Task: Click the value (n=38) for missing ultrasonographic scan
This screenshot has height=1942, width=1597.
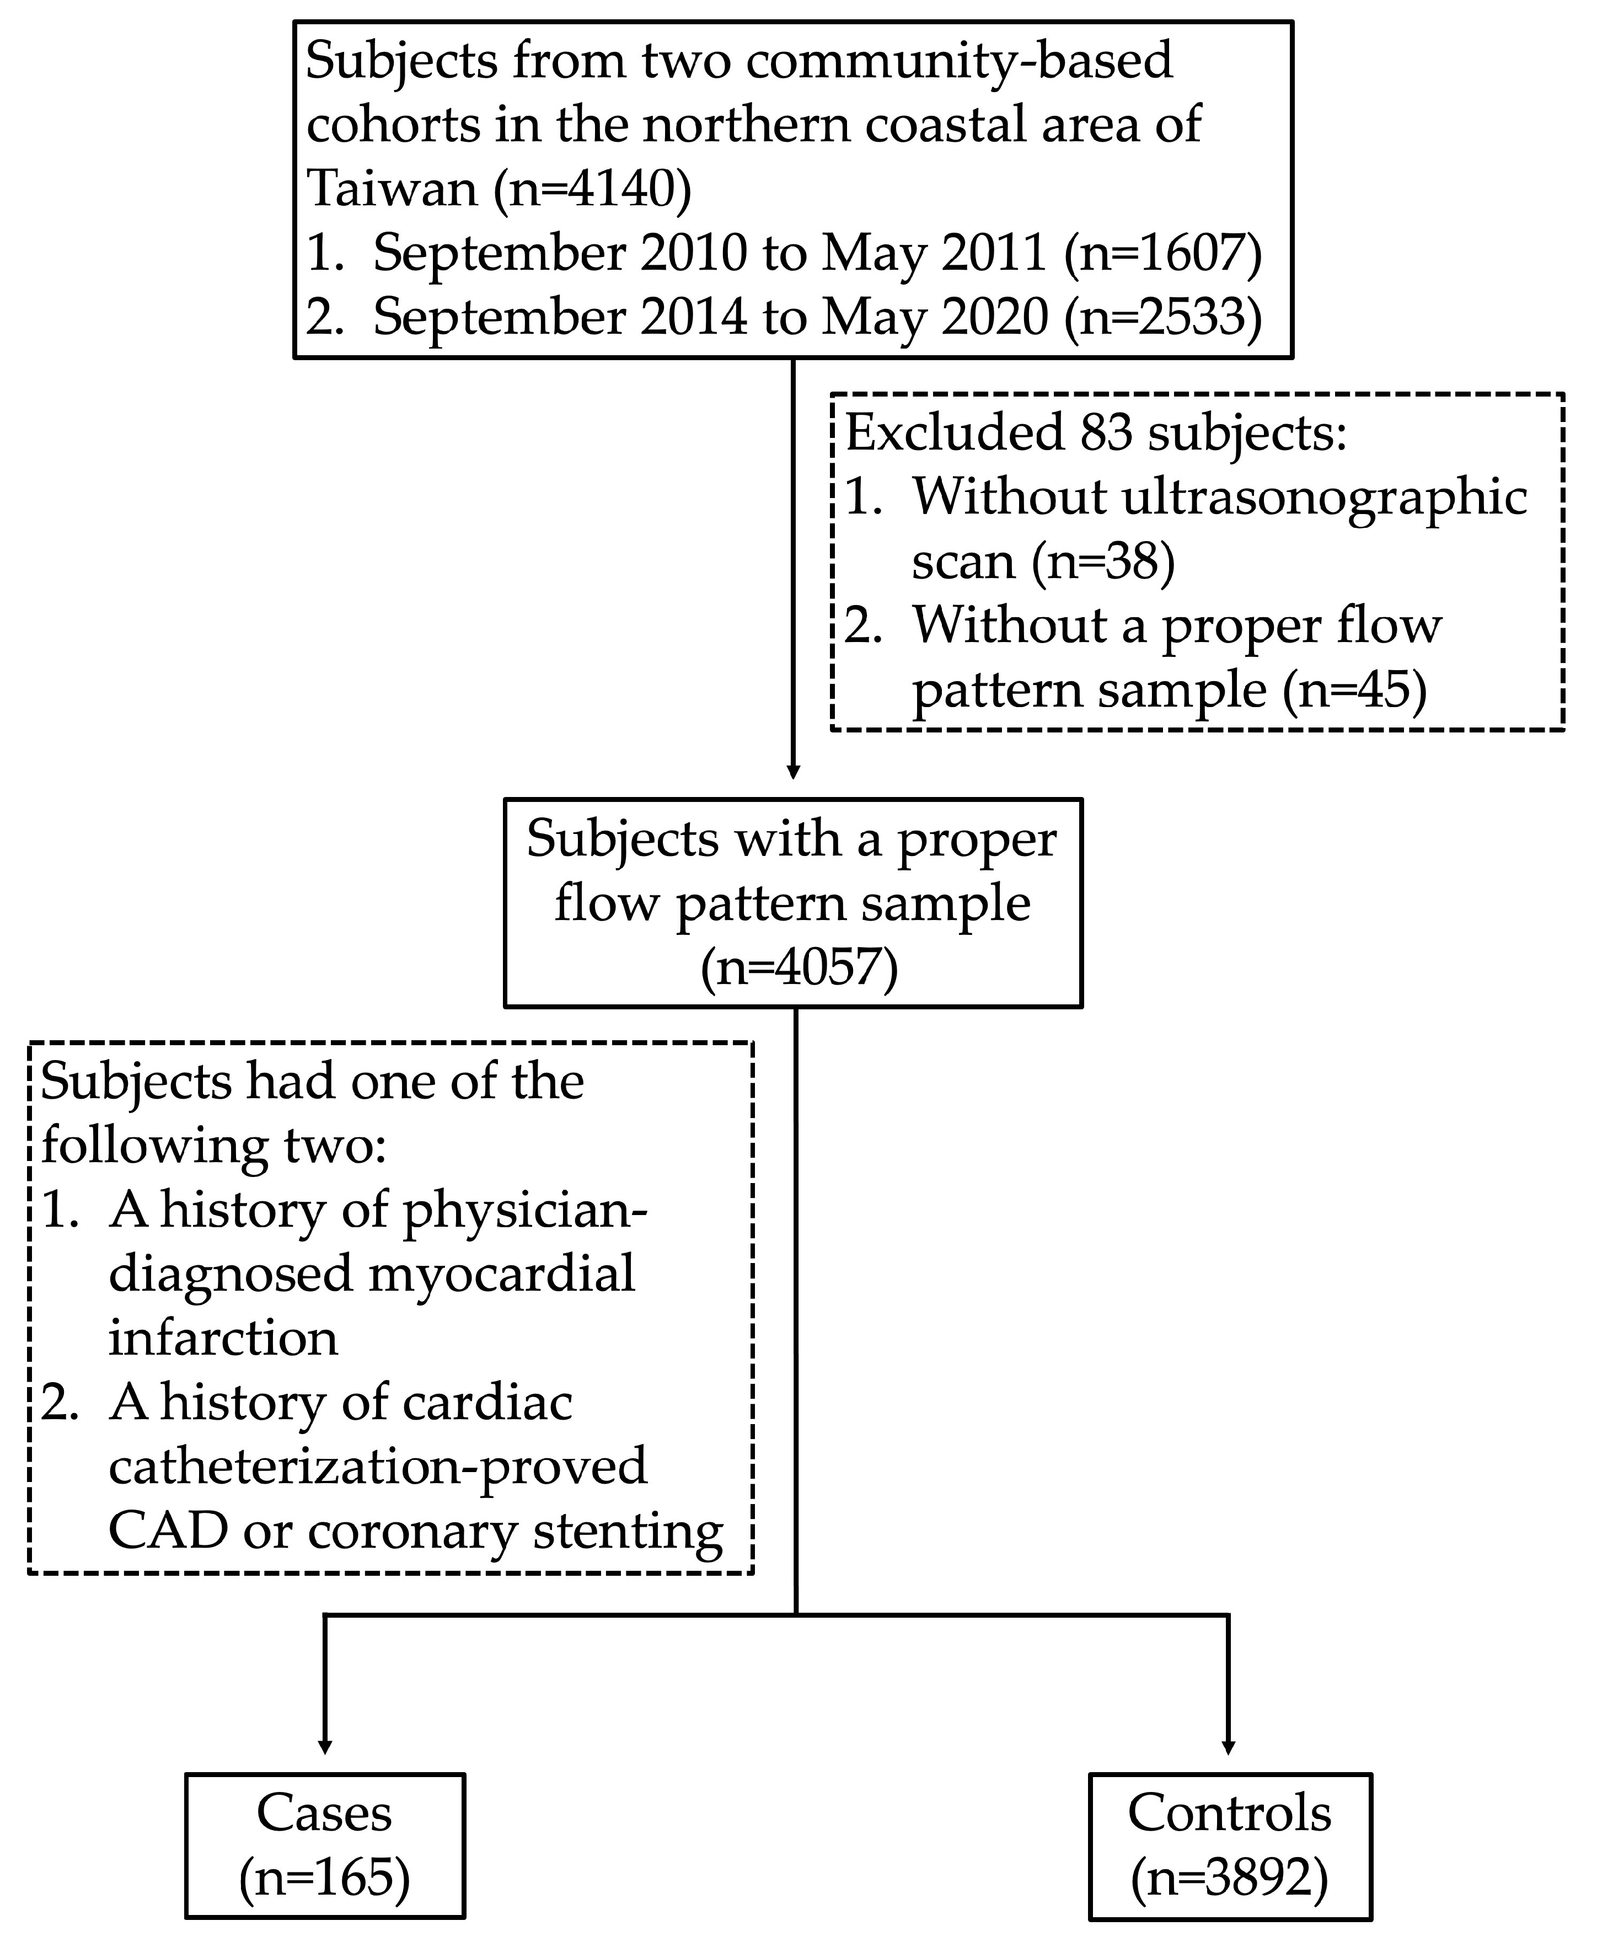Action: (1103, 560)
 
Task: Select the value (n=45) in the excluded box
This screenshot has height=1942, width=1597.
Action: (1354, 689)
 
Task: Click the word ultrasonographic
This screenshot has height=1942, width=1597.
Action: (1325, 497)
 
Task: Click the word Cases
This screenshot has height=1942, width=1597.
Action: (324, 1813)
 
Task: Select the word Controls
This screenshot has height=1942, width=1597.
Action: (1229, 1813)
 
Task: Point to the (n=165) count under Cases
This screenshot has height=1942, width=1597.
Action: (324, 1877)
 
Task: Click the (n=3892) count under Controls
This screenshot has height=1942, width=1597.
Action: (1229, 1877)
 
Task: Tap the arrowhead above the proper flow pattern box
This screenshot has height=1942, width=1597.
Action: (793, 771)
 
